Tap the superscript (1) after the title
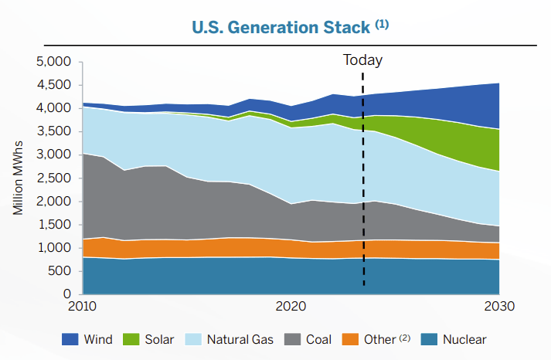tap(382, 24)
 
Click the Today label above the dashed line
tap(362, 59)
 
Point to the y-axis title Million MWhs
tap(18, 178)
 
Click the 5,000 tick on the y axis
tap(54, 62)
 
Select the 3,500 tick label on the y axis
tap(54, 131)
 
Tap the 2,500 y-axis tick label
tap(54, 178)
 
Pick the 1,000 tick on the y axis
tap(54, 248)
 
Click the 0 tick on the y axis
tap(67, 294)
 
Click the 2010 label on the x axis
tap(83, 306)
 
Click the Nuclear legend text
tap(465, 339)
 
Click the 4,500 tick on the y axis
tap(54, 85)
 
